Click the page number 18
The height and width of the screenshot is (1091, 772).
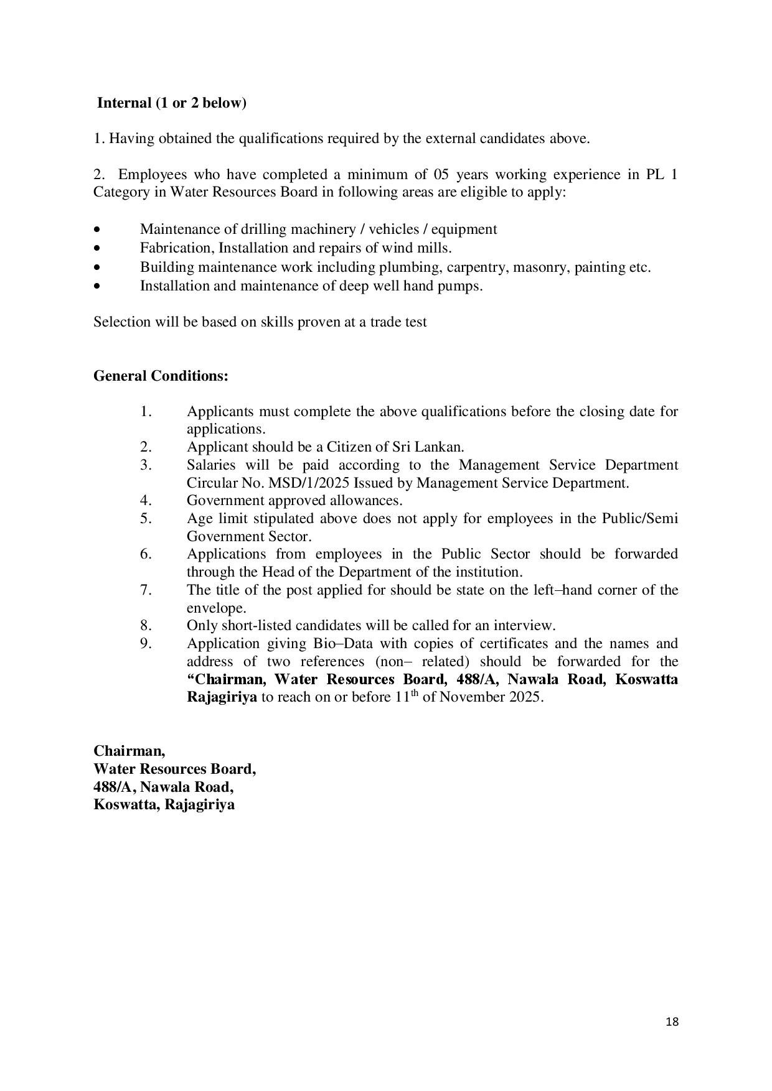(672, 1021)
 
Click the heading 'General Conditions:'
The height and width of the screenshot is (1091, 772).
(161, 376)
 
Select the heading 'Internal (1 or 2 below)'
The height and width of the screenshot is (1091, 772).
(172, 103)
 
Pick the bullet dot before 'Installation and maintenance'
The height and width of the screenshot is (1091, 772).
(96, 287)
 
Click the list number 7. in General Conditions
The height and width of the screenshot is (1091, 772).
(146, 590)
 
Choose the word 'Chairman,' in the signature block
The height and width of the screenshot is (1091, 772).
(129, 751)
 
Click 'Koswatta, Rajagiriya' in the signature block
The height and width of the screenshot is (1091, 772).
(164, 805)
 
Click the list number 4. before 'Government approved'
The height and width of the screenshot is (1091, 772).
(146, 501)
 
